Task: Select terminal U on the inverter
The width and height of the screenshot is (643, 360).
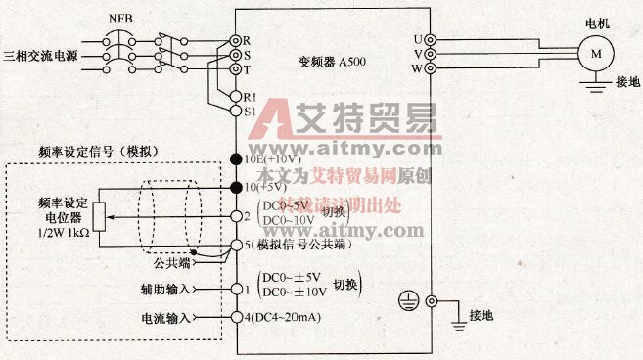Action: point(431,40)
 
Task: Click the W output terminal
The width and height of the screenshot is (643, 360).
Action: point(431,68)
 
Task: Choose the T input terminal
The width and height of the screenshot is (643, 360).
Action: point(235,69)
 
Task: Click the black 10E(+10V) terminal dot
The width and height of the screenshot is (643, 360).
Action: point(235,158)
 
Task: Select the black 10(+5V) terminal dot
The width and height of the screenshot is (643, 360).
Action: point(235,186)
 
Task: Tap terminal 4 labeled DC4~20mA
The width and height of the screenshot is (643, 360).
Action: point(235,317)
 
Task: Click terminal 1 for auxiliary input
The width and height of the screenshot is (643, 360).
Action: point(235,290)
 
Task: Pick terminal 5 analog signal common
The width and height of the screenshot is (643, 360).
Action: point(235,247)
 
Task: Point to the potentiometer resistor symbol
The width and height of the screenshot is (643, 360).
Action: point(97,215)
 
